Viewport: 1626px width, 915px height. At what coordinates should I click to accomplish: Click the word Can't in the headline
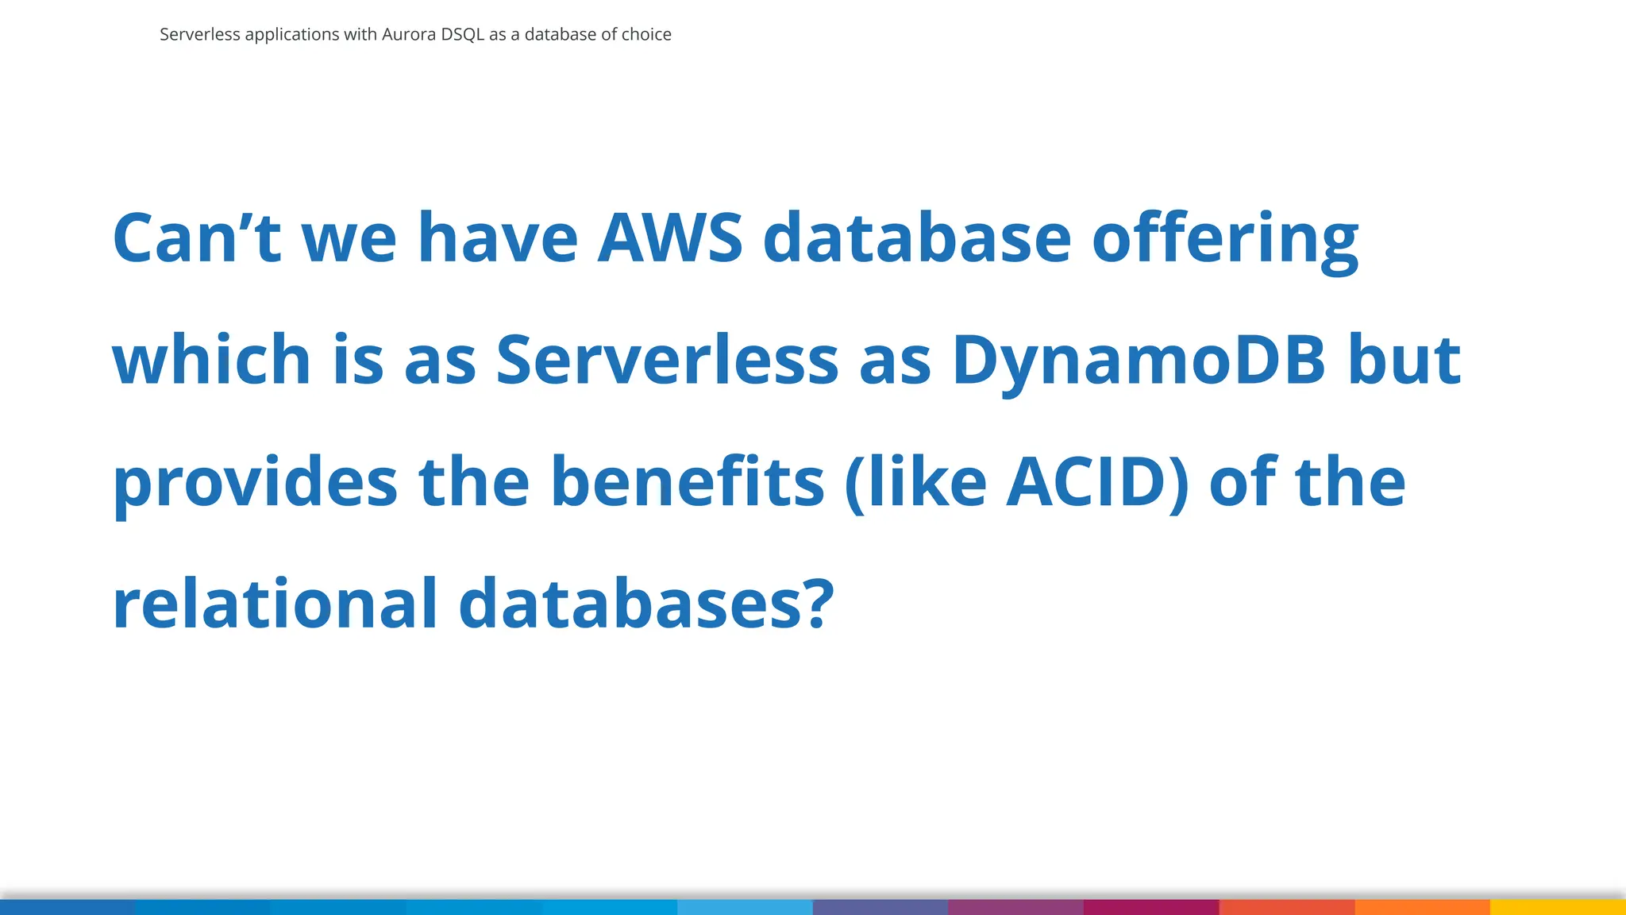coord(197,237)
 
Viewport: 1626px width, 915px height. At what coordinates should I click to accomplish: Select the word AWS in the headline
coord(670,237)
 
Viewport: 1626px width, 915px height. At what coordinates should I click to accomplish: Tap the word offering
coord(1225,237)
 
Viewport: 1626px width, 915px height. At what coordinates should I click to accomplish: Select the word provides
coord(255,481)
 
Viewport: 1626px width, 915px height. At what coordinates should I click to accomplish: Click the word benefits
coord(688,481)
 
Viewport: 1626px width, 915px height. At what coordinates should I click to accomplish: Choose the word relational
coord(275,604)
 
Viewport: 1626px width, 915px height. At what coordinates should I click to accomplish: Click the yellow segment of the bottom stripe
coord(1558,907)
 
